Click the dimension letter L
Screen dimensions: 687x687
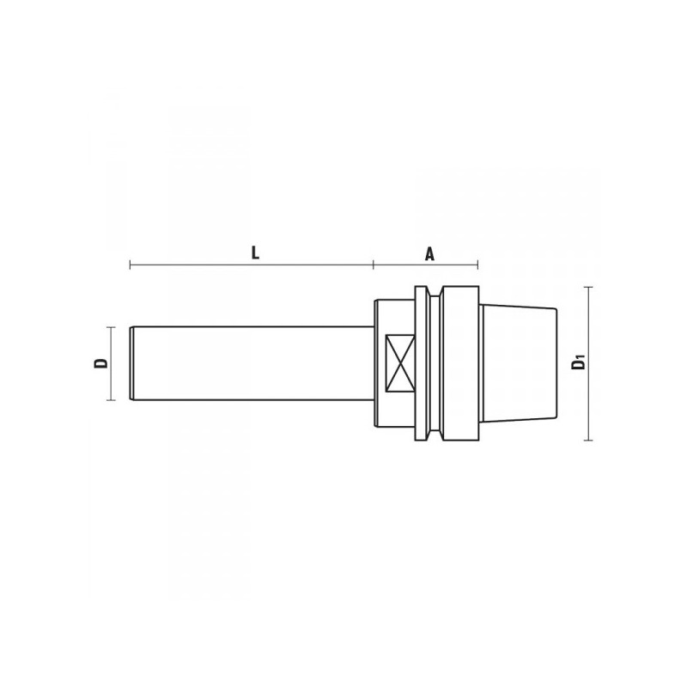click(255, 253)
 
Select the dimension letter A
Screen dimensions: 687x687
click(429, 253)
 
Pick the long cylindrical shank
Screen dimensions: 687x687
click(249, 363)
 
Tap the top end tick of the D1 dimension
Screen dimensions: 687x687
click(587, 287)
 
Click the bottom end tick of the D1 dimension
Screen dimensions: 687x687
click(587, 441)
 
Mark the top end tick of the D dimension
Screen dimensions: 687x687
click(112, 327)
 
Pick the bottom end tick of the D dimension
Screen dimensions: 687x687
click(112, 400)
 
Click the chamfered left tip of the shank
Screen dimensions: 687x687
click(132, 363)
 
